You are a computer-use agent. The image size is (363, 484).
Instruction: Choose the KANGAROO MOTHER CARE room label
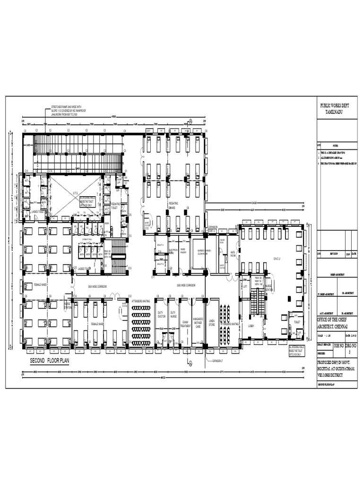point(199,322)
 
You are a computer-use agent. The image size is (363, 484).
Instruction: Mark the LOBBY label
point(251,326)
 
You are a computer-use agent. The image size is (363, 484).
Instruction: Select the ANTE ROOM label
point(233,253)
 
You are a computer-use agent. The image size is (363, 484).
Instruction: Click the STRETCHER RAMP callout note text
point(70,111)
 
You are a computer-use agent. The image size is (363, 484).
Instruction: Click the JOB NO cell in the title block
point(339,346)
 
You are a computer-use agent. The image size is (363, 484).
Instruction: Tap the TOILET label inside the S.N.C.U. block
point(297,321)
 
